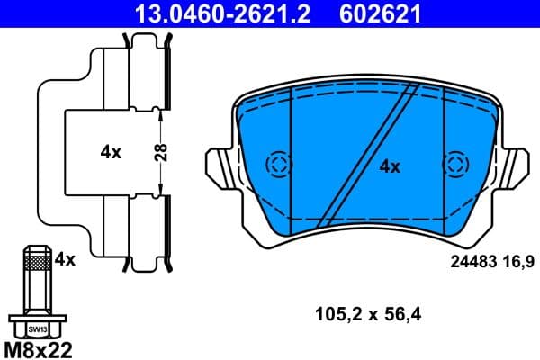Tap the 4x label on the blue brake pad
click(389, 166)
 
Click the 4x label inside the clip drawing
click(111, 152)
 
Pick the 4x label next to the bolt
click(64, 260)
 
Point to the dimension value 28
click(159, 152)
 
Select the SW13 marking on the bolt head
click(35, 328)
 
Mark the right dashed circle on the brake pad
click(456, 165)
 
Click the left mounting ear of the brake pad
click(221, 166)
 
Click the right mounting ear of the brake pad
click(517, 166)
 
